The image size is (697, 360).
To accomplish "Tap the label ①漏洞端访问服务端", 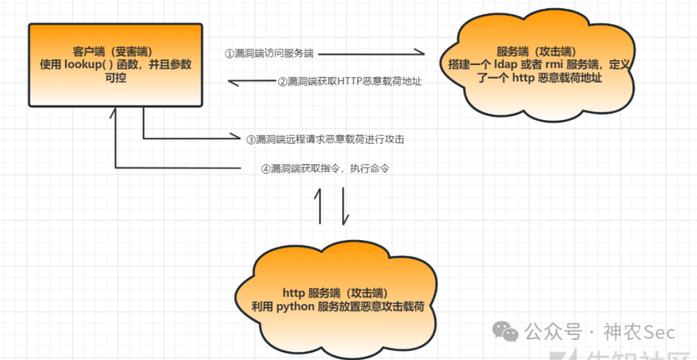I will (x=269, y=54).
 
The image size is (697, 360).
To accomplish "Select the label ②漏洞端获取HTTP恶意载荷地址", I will (x=349, y=81).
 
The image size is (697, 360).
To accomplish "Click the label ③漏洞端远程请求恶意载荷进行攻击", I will (x=325, y=138).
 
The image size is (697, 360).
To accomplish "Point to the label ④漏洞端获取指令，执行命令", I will (x=325, y=169).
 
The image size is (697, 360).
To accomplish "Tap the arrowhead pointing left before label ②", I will (x=232, y=81).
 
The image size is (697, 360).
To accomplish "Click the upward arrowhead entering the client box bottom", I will (x=114, y=112).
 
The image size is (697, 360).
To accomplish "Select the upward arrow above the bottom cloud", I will (x=318, y=205).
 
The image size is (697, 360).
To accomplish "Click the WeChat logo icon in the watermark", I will (x=505, y=332).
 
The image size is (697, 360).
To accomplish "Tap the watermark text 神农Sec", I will (x=639, y=332).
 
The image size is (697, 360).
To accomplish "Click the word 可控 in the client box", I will (x=114, y=77).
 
